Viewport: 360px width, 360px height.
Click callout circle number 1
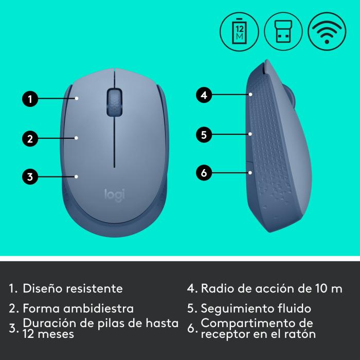(x=30, y=99)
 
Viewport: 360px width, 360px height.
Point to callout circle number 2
(x=30, y=138)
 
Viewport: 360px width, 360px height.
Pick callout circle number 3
(x=30, y=177)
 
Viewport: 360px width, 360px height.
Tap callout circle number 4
(x=204, y=95)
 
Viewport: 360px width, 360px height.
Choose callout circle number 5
(x=204, y=135)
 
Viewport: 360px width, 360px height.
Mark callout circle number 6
(x=204, y=172)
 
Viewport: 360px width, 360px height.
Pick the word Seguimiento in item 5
(x=232, y=309)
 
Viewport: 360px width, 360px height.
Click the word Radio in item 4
(x=215, y=288)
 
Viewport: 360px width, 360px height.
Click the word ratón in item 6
(x=301, y=334)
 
